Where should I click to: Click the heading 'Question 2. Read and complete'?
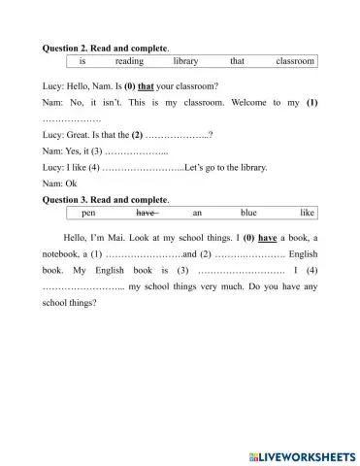(107, 47)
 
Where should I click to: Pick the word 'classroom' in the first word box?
(295, 61)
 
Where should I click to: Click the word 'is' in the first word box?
(82, 61)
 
